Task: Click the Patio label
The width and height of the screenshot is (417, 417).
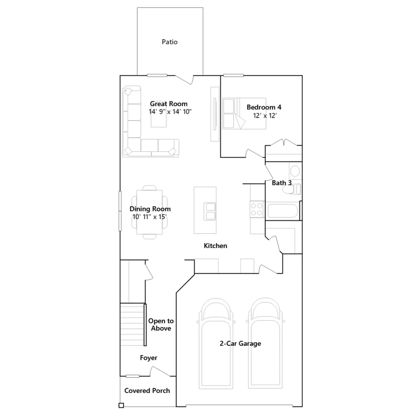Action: (x=169, y=42)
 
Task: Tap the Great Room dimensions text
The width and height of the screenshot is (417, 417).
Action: (x=170, y=112)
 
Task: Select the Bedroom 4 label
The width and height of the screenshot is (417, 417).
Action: (x=264, y=107)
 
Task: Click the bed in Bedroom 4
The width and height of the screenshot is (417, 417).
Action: (x=244, y=113)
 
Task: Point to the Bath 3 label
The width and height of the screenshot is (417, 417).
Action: (x=281, y=183)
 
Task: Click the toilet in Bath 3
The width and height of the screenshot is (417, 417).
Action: (x=292, y=189)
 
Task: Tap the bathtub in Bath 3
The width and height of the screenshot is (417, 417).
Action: (x=283, y=211)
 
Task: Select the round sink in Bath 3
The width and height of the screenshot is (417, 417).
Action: (x=295, y=171)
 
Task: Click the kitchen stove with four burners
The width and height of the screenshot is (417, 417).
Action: (x=257, y=209)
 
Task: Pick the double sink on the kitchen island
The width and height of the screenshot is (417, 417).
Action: (x=210, y=211)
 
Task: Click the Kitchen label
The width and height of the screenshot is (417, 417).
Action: (x=215, y=246)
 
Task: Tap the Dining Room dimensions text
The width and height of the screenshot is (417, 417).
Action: (x=150, y=217)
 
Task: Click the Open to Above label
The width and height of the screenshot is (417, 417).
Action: (x=161, y=324)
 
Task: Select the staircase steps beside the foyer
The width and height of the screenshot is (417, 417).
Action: (x=132, y=324)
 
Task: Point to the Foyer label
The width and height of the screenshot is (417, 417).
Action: (x=149, y=358)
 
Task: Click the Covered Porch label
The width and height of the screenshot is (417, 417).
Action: (x=147, y=391)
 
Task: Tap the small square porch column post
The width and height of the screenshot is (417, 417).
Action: (x=121, y=405)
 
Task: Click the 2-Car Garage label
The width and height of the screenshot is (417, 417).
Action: (x=240, y=344)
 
